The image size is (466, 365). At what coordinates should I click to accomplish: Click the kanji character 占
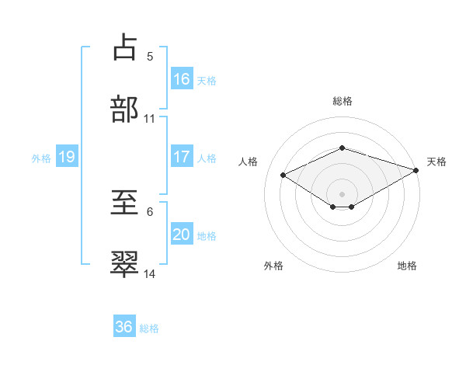tap(125, 47)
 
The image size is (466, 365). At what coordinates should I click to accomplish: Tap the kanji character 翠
tap(125, 264)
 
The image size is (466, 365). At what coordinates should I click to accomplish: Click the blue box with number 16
tap(182, 78)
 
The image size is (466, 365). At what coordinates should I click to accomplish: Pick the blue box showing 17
tap(182, 157)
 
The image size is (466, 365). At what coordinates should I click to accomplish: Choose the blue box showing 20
tap(182, 235)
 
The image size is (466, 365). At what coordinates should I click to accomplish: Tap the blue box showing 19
tap(67, 157)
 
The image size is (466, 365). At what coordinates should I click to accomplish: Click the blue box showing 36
tap(124, 327)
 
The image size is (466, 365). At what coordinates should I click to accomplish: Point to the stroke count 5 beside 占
tap(150, 56)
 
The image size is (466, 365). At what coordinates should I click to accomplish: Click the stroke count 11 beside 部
tap(150, 119)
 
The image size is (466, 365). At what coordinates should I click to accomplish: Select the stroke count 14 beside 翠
tap(150, 274)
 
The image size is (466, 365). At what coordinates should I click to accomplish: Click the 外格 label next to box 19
tap(41, 158)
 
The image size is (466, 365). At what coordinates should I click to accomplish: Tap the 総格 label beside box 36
tap(149, 328)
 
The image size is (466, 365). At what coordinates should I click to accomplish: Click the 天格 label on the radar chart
tap(436, 162)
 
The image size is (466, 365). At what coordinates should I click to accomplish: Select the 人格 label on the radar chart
tap(249, 162)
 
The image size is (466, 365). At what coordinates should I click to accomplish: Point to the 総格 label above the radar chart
tap(343, 101)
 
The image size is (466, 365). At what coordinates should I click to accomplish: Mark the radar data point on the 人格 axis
tap(283, 174)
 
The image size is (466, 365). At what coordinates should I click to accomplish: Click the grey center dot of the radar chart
tap(343, 193)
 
